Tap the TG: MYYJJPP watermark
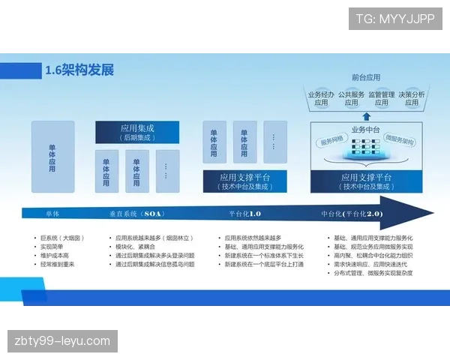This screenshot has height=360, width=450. click(395, 19)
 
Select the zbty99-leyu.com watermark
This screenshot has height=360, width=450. click(62, 341)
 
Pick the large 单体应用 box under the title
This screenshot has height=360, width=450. click(52, 157)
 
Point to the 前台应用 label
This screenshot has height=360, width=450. click(366, 77)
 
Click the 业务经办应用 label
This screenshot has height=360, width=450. click(321, 98)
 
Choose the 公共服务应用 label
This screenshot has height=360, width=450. click(351, 98)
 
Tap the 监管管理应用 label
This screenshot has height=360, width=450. click(382, 98)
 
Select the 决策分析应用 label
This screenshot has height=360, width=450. click(412, 98)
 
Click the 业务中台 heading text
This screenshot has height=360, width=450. click(366, 128)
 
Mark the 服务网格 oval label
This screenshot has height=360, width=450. click(332, 141)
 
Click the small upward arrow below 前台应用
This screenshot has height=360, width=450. click(366, 115)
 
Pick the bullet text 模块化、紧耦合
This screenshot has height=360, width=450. click(136, 247)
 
